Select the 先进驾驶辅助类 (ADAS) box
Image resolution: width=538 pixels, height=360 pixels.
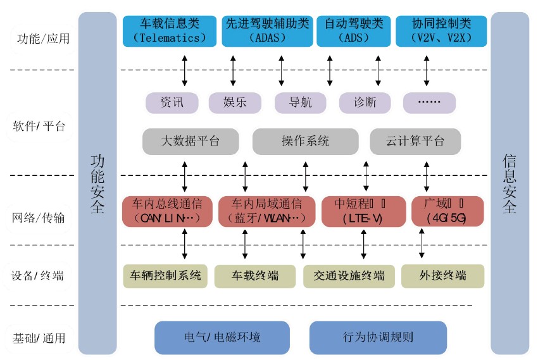[267, 31]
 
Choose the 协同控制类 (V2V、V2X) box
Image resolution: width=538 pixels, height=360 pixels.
[441, 31]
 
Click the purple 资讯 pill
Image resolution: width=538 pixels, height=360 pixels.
[172, 102]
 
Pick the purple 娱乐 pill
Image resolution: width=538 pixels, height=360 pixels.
[235, 102]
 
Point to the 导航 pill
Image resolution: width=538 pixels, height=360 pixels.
[301, 102]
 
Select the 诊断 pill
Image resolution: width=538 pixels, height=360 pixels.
[366, 102]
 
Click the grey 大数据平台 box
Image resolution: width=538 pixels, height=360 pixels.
[191, 142]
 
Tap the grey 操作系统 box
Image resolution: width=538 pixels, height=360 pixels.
[306, 142]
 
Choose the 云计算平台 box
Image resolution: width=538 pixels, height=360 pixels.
[415, 142]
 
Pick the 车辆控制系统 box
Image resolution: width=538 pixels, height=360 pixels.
[166, 276]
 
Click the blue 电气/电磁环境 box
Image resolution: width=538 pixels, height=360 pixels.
[222, 337]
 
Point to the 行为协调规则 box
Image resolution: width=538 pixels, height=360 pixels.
[378, 337]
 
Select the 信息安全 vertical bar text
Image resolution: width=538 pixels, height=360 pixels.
[510, 183]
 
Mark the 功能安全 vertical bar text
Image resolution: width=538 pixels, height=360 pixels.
[97, 183]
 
